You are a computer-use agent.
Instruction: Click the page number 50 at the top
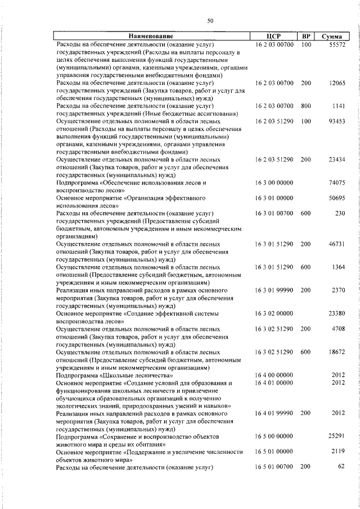point(210,21)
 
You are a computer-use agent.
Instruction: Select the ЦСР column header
point(274,36)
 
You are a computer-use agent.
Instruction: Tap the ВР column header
point(306,36)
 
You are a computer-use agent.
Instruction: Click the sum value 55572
point(337,44)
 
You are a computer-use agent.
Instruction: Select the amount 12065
point(337,83)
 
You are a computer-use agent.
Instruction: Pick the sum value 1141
point(339,106)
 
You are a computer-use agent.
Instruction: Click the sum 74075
point(337,183)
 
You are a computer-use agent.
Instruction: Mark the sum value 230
point(340,214)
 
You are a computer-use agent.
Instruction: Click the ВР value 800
point(306,106)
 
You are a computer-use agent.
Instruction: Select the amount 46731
point(337,245)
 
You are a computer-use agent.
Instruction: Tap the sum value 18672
point(337,352)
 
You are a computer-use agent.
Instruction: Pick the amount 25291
point(337,436)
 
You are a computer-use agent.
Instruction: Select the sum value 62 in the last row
point(341,467)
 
